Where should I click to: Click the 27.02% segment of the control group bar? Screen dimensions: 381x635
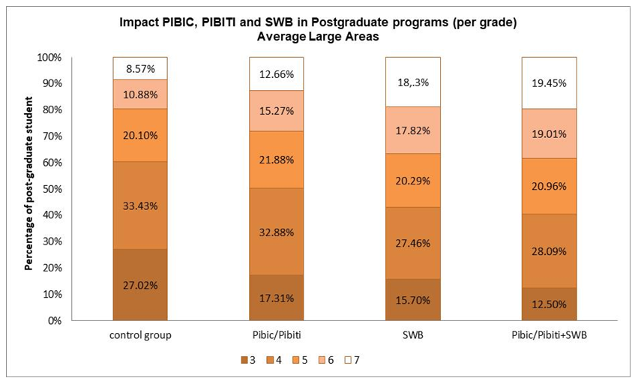[x=140, y=285]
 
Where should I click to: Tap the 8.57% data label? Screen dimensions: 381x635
[x=140, y=69]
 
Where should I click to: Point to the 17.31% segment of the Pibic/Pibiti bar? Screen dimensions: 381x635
[x=276, y=298]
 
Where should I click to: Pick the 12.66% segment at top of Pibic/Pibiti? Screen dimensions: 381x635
[x=276, y=74]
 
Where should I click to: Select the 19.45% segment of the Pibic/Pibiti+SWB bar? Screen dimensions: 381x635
[x=550, y=83]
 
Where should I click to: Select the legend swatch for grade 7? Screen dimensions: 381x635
[x=349, y=359]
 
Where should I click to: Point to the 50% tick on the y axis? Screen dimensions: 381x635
[x=52, y=189]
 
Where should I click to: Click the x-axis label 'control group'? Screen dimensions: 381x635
[x=140, y=334]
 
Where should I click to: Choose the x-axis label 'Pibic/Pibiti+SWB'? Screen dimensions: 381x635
[x=550, y=334]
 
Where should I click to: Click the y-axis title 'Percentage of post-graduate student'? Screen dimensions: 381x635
[x=28, y=188]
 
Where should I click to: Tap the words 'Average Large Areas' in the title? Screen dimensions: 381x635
[x=318, y=36]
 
